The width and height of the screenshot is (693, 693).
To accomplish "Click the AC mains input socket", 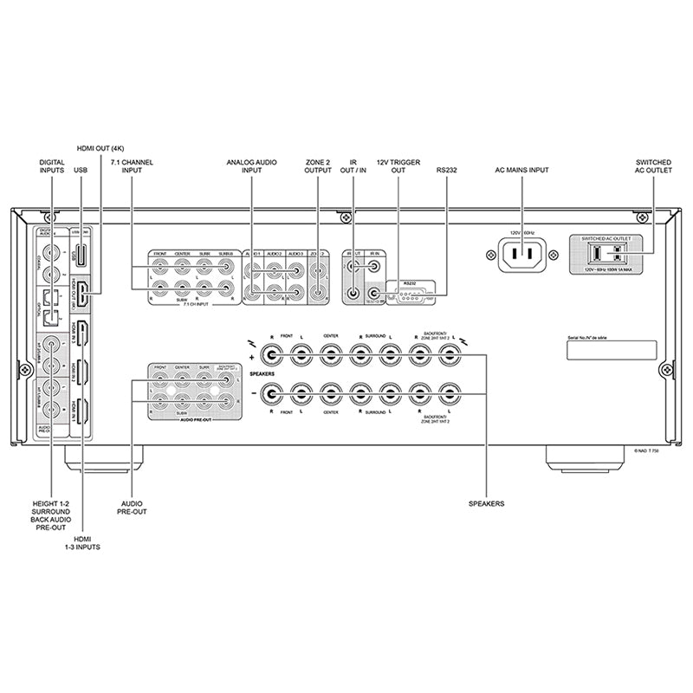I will tap(521, 255).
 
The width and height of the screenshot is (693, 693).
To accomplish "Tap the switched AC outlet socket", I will tap(606, 253).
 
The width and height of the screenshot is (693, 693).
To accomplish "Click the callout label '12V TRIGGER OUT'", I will tap(398, 166).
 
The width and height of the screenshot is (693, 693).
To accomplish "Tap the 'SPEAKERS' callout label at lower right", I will tap(487, 502).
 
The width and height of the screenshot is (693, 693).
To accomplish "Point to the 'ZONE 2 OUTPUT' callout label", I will tap(317, 166).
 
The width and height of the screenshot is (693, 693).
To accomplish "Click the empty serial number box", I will tap(611, 350).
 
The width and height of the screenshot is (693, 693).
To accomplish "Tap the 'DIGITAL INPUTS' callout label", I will tap(52, 166).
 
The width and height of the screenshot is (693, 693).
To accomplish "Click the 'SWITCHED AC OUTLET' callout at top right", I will tap(653, 166).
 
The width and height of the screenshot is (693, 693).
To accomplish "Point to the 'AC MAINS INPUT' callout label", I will tap(521, 171).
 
